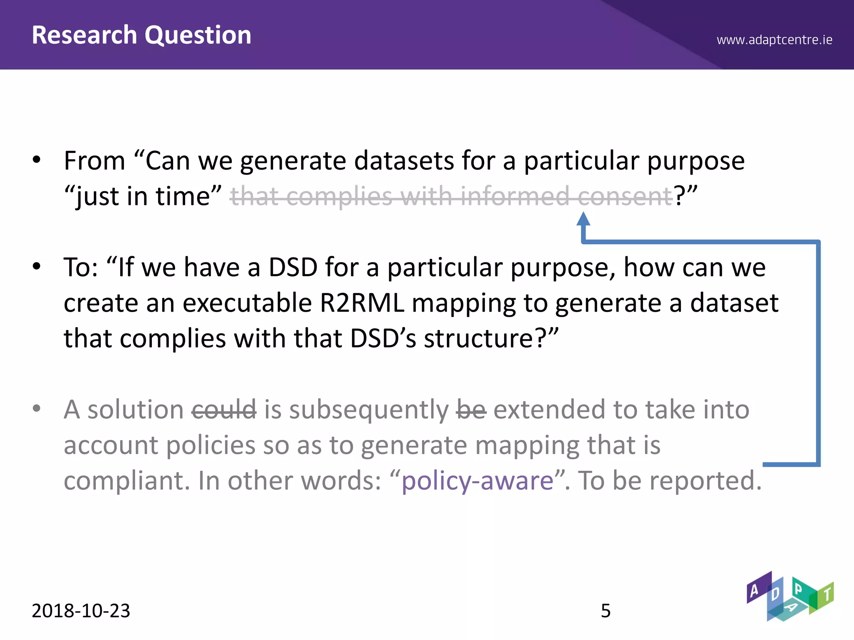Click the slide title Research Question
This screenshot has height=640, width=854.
[141, 35]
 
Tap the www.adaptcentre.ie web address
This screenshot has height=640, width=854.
[774, 40]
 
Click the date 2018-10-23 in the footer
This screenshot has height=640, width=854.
[81, 611]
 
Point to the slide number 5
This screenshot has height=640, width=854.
[605, 611]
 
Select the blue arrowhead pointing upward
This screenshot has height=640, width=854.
[583, 219]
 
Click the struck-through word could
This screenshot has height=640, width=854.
[224, 410]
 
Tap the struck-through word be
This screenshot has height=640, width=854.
[471, 410]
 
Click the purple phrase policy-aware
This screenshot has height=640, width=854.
[477, 481]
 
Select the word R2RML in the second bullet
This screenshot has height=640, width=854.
[362, 303]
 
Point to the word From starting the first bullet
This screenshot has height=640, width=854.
[95, 161]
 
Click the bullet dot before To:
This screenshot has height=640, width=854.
[37, 266]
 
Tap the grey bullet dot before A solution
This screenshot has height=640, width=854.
[37, 408]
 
